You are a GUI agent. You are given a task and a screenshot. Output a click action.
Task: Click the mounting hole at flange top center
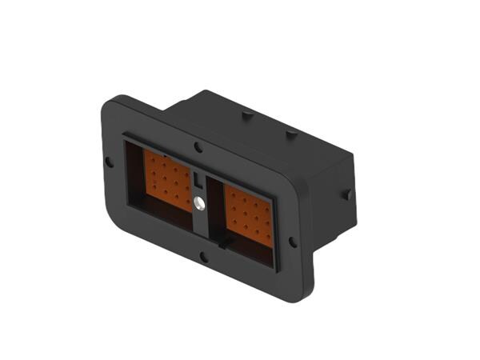point(198,147)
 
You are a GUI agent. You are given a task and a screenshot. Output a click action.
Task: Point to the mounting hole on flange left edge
point(110,162)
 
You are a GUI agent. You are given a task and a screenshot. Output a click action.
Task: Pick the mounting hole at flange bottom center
point(204,257)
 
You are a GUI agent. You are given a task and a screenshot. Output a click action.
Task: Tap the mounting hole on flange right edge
point(293,241)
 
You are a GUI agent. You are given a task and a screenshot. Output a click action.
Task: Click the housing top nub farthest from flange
point(291,134)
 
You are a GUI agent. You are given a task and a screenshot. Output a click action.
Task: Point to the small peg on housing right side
point(347,194)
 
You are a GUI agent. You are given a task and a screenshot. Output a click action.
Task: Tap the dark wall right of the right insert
point(280,232)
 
